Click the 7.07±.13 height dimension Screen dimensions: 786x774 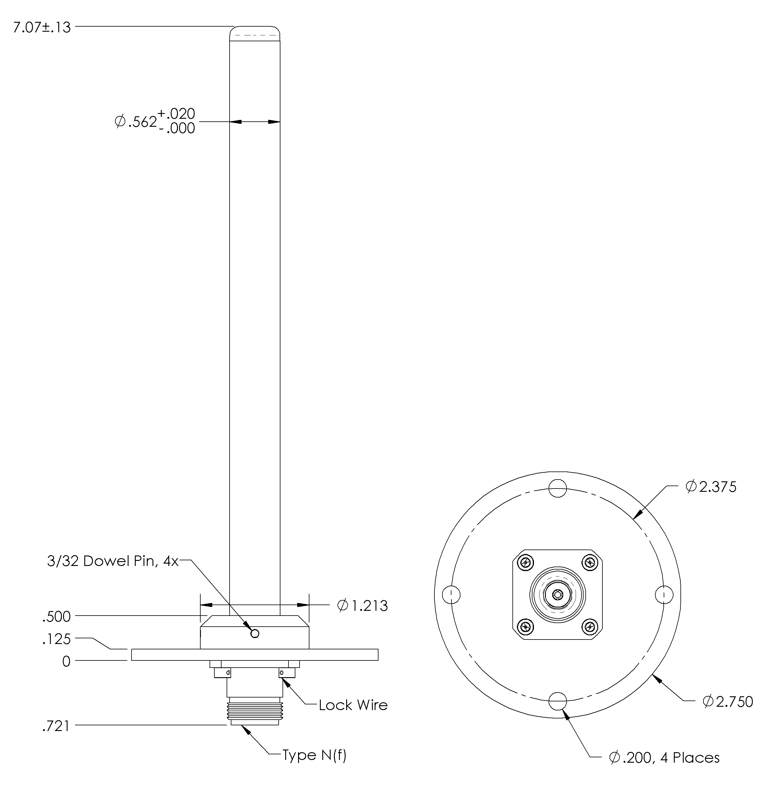42,28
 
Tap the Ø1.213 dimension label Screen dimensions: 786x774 362,606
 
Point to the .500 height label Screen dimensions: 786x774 57,617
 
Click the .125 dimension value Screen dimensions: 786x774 57,640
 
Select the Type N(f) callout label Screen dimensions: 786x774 314,756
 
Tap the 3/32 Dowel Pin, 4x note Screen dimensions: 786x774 113,561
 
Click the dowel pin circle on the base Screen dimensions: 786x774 255,634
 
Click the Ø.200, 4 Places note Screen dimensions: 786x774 664,758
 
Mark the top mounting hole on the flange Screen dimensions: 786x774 557,488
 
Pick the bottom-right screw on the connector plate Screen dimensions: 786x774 589,627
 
